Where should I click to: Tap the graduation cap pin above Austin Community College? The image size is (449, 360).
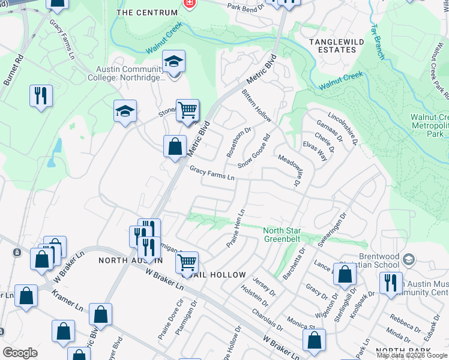tap(173, 62)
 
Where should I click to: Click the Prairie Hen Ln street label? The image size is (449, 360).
tap(236, 228)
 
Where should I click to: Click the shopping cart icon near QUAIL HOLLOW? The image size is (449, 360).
tap(187, 262)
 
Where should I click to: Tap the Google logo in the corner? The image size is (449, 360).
tap(19, 353)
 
